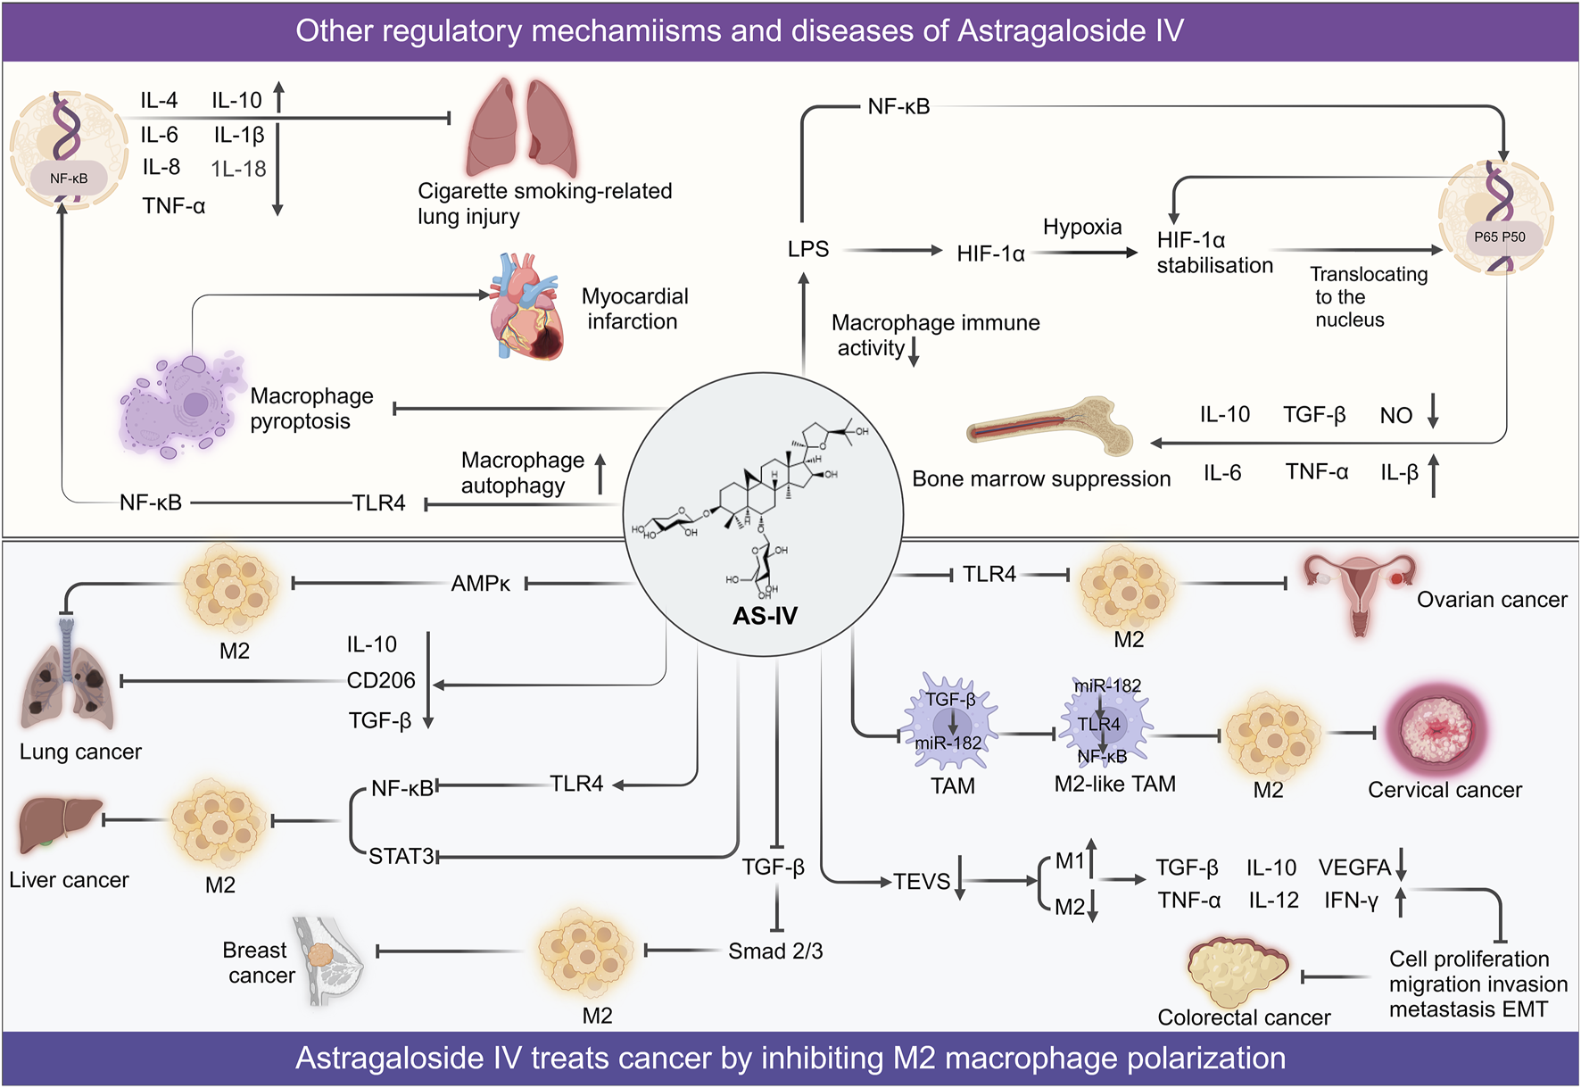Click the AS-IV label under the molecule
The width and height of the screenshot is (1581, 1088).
click(765, 616)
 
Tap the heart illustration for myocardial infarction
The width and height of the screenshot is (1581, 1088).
click(526, 307)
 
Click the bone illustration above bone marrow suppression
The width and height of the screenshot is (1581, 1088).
click(1050, 427)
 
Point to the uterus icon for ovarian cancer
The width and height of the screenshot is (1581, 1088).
click(1359, 593)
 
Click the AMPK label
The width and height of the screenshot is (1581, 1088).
click(480, 584)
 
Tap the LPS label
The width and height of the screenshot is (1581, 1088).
click(808, 249)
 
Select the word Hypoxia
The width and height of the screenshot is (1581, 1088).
click(1082, 228)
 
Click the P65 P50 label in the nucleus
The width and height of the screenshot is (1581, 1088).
click(1500, 237)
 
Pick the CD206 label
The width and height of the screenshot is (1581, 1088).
click(381, 681)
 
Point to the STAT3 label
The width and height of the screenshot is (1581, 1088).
click(401, 857)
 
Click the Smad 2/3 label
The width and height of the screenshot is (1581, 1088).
click(775, 951)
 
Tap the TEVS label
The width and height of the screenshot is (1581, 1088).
click(922, 882)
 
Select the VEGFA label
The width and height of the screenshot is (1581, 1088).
click(1355, 868)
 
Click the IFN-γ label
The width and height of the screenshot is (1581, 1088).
click(1352, 901)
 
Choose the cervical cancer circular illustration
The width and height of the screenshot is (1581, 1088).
click(1437, 731)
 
